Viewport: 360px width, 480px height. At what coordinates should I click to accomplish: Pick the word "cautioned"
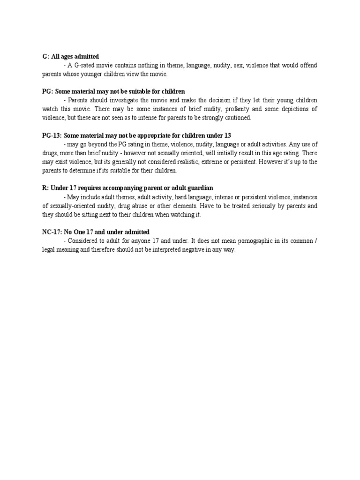pos(236,118)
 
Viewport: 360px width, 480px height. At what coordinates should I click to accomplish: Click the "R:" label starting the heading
pos(45,188)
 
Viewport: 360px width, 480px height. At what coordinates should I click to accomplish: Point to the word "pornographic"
pos(256,241)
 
